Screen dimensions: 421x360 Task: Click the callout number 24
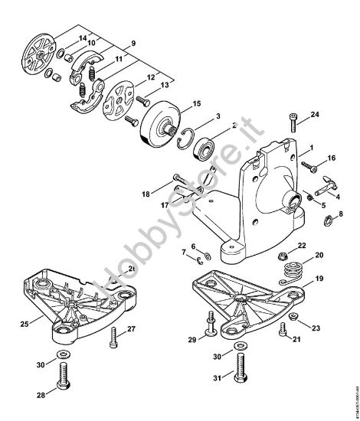tap(315, 116)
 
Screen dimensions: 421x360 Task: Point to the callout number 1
tap(311, 146)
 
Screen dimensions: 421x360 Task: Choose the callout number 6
tap(193, 246)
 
